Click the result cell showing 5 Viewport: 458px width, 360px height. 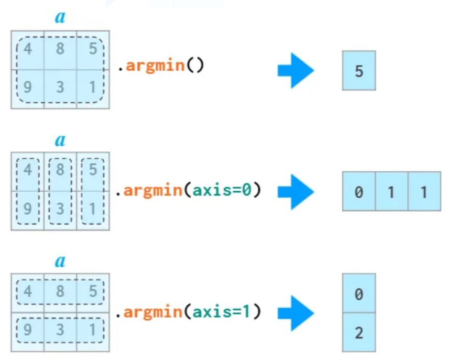[359, 71]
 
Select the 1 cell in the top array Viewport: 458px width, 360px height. [93, 86]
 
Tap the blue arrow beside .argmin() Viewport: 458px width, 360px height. [296, 70]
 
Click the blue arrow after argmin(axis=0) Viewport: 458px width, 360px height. [296, 192]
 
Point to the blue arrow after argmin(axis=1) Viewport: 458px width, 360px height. [296, 313]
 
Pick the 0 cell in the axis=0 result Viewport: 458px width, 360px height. [359, 192]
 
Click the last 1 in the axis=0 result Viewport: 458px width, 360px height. [424, 192]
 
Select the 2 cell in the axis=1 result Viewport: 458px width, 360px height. [359, 333]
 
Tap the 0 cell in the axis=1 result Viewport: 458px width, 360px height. [359, 294]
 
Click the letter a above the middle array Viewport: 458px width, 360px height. [60, 140]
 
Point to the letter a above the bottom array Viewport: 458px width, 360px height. [60, 261]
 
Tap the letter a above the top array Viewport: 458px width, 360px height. [60, 17]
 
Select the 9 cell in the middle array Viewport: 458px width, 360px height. [27, 209]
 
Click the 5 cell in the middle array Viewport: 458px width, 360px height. [93, 171]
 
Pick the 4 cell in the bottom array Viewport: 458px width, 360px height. [27, 291]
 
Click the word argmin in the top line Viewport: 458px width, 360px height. [155, 67]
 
